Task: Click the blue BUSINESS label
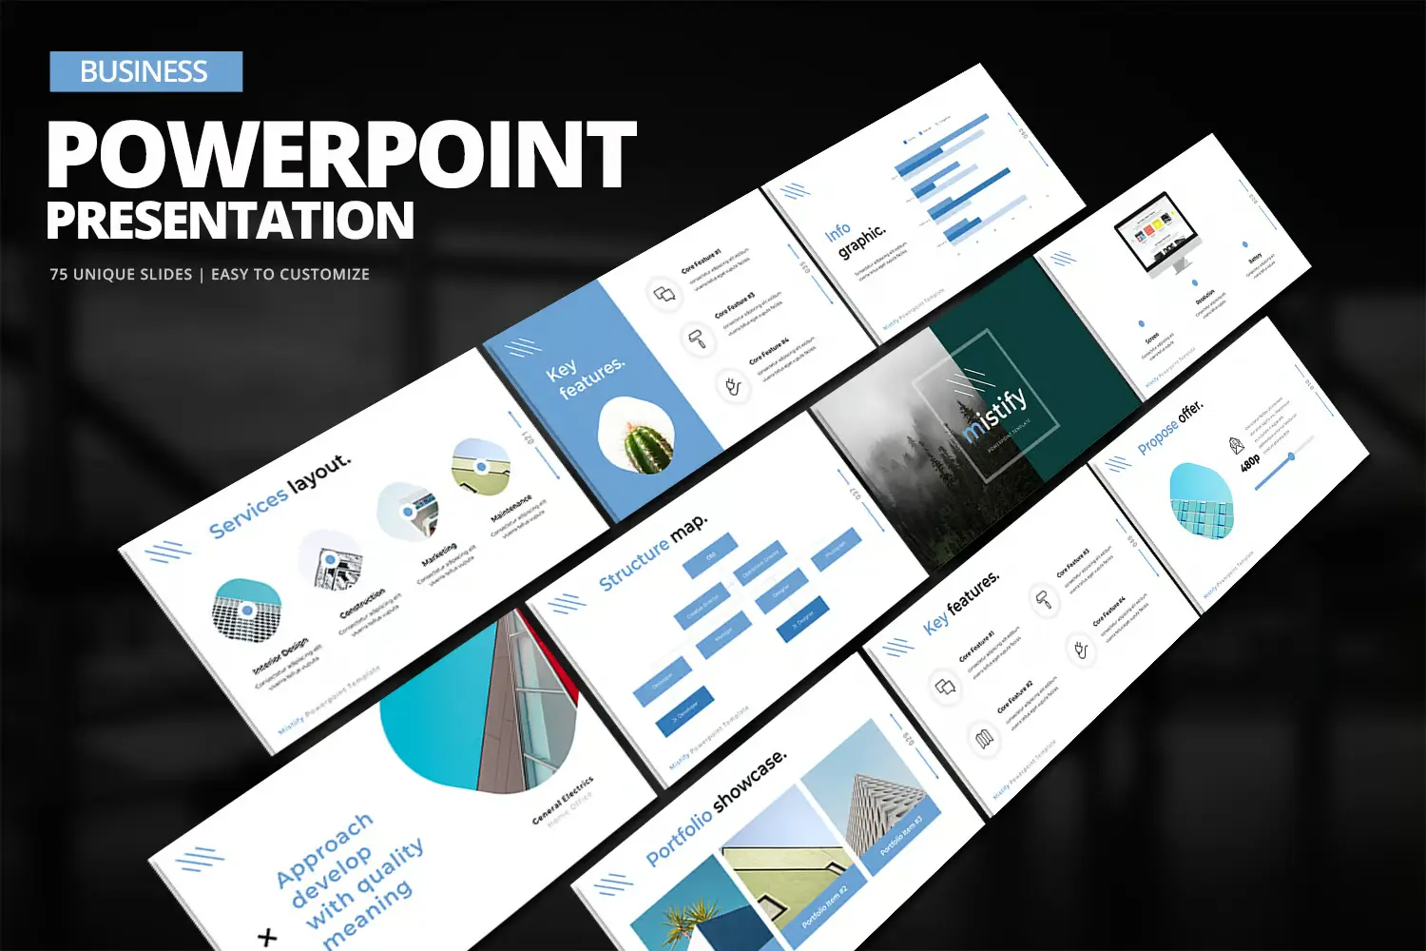click(x=145, y=71)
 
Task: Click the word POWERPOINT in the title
click(x=340, y=155)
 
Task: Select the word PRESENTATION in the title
click(x=230, y=221)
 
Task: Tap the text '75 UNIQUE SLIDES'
click(x=121, y=275)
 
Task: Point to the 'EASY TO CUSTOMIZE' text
click(x=290, y=275)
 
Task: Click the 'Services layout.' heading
click(x=280, y=495)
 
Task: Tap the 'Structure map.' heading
click(x=653, y=553)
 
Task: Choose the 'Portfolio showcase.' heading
click(x=717, y=807)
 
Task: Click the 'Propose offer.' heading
click(x=1170, y=427)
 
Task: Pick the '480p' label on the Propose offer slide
click(x=1250, y=462)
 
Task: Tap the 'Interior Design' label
click(x=280, y=655)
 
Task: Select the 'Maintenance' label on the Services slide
click(x=511, y=509)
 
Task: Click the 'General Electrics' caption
click(x=563, y=800)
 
